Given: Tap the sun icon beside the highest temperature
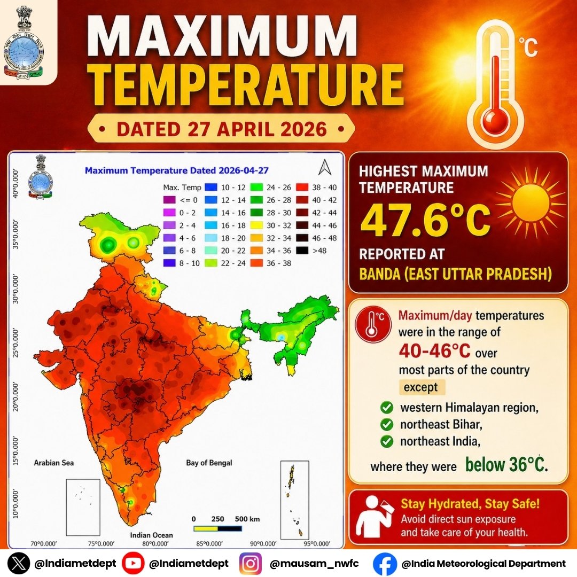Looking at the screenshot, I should click(x=531, y=201).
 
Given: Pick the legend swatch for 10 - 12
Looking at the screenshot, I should click(x=210, y=187).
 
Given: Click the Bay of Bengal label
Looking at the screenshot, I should click(x=209, y=463).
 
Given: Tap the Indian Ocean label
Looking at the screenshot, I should click(x=151, y=535).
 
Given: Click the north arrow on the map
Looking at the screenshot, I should click(x=324, y=168).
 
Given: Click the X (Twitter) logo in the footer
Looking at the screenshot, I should click(x=20, y=563).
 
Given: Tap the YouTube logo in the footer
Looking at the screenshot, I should click(x=132, y=563).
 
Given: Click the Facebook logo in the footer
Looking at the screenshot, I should click(x=385, y=563).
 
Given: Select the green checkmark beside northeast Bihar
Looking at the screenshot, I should click(x=387, y=426).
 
